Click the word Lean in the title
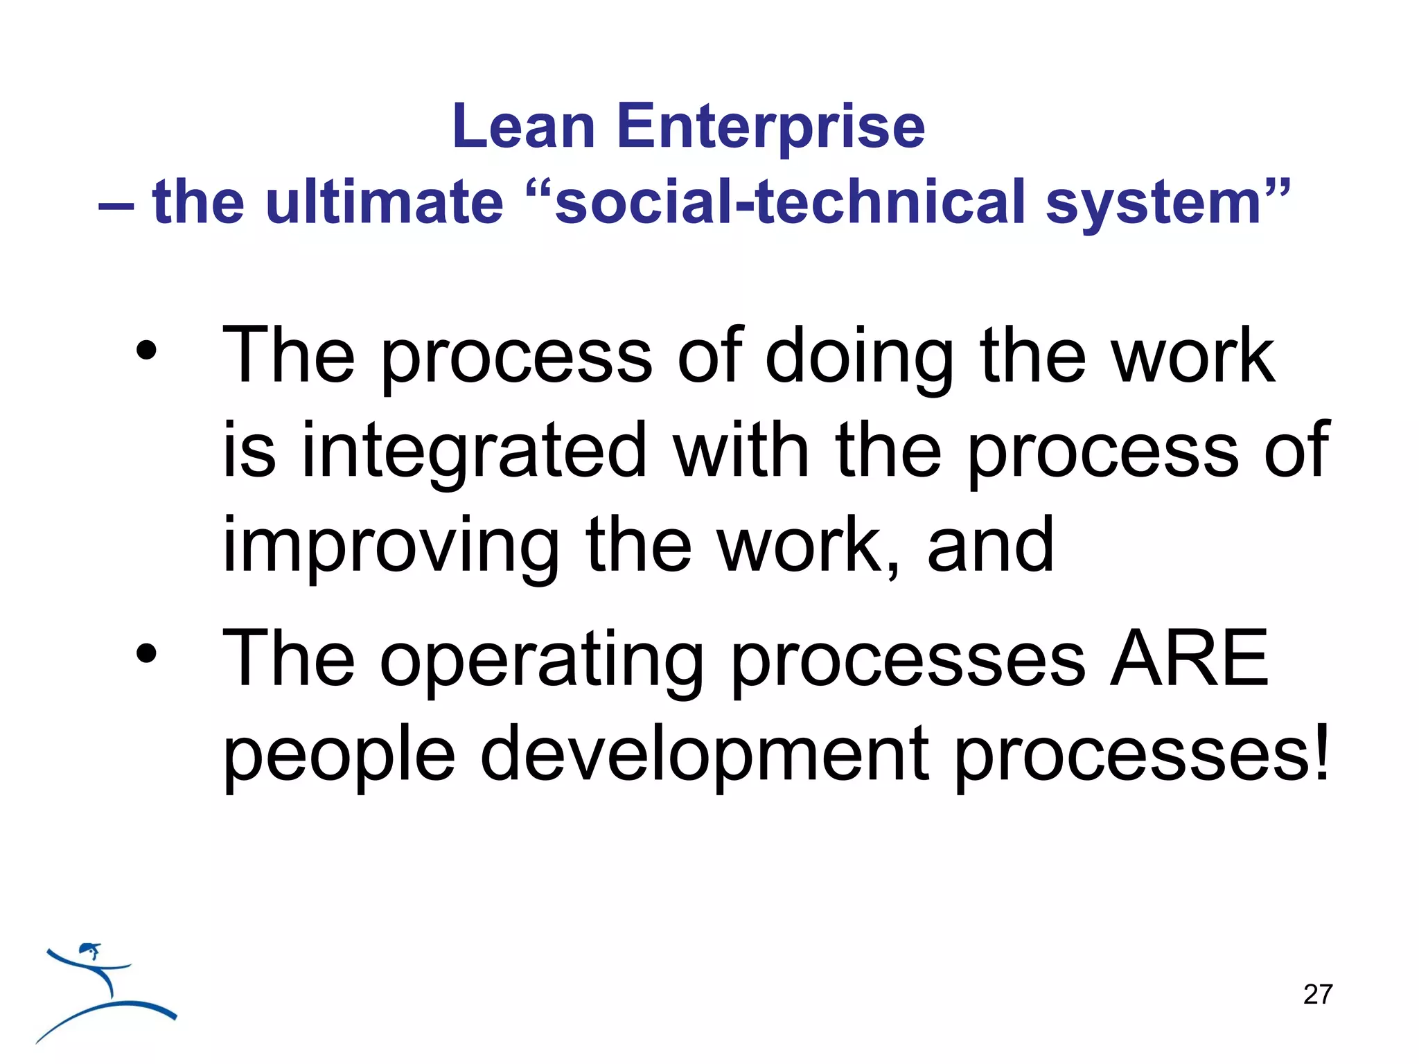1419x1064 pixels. click(x=523, y=127)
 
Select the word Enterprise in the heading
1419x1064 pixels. click(x=770, y=128)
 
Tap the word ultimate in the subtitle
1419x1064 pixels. click(x=385, y=203)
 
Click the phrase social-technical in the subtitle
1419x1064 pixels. click(x=790, y=203)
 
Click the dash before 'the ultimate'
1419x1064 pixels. click(x=116, y=206)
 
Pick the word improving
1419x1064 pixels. click(x=390, y=547)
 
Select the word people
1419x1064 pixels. click(x=339, y=755)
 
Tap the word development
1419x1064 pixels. click(x=703, y=755)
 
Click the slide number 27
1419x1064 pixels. click(x=1317, y=995)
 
